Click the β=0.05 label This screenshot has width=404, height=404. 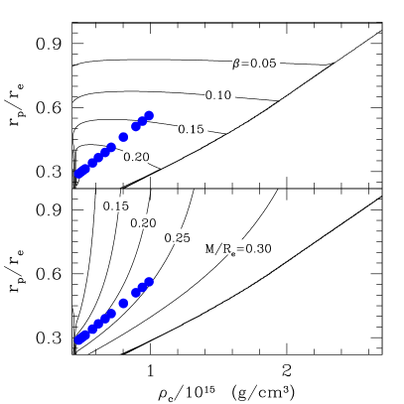coord(256,64)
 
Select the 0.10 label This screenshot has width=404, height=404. coord(219,96)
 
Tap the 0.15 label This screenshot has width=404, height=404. coord(193,129)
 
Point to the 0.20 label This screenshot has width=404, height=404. coord(136,158)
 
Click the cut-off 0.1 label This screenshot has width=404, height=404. coord(112,205)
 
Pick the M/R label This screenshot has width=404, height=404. coord(229,248)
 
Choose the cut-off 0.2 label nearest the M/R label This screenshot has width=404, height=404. coord(174,237)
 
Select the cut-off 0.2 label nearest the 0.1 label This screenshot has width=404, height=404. coord(140,222)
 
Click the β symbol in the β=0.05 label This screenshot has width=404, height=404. coord(236,64)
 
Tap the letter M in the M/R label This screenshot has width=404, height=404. coord(209,248)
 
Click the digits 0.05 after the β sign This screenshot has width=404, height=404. coord(264,64)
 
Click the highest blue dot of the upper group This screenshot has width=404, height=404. coord(149,115)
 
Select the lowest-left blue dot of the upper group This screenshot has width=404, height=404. coord(79,174)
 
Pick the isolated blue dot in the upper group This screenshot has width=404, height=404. coord(123,137)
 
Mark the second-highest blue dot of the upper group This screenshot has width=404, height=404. coord(143,121)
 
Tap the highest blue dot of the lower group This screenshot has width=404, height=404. coord(149,282)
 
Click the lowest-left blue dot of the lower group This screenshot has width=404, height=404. coord(79,339)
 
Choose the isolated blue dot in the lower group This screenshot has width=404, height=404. coord(123,304)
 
